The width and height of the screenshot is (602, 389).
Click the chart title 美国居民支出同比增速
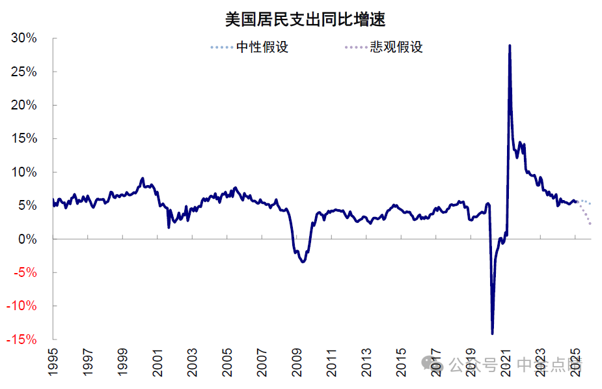coord(305,20)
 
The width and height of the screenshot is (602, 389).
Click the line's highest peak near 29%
coord(509,46)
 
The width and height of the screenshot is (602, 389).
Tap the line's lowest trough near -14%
coord(492,334)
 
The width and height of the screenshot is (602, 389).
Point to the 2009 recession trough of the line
coord(303,261)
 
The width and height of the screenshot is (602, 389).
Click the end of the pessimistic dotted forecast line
coord(590,224)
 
